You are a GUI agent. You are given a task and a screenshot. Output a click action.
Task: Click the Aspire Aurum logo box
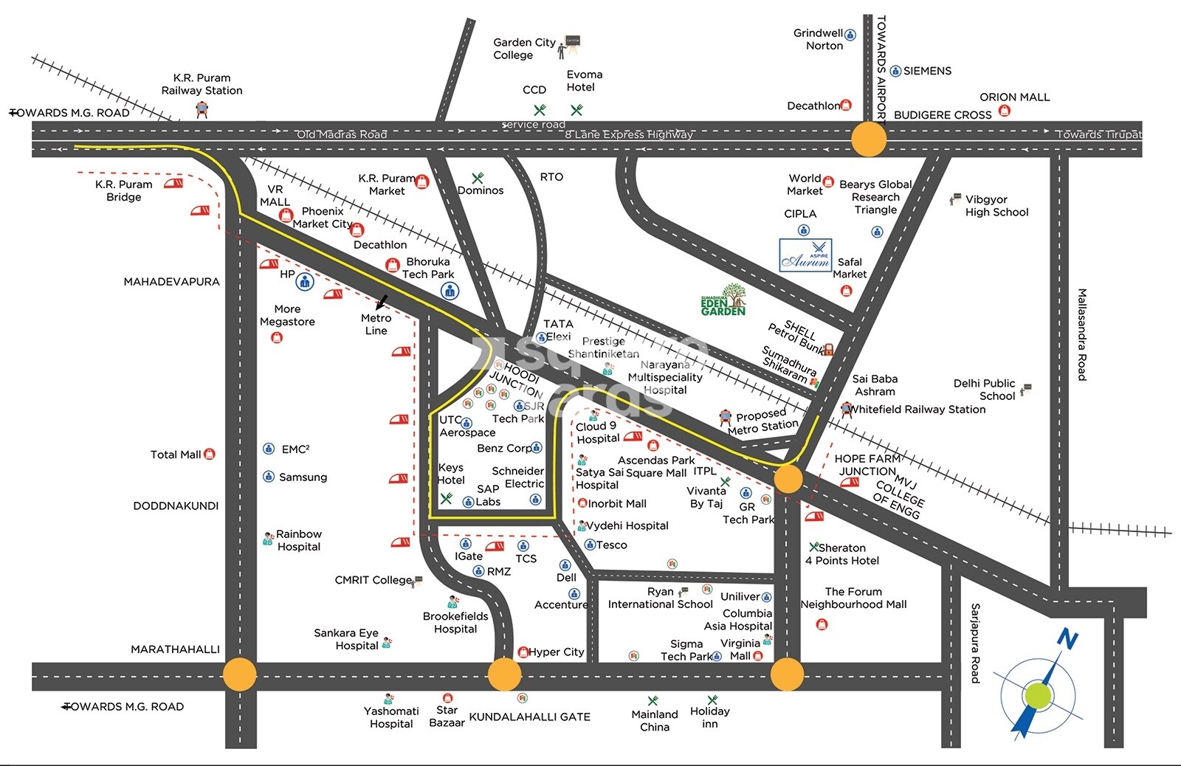click(805, 255)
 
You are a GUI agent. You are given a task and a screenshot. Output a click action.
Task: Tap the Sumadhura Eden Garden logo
click(723, 300)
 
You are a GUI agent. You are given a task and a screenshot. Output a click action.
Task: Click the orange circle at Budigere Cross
click(869, 139)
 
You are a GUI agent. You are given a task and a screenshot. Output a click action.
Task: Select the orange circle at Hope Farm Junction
click(788, 479)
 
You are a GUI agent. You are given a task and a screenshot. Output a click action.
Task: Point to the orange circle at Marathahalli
click(239, 674)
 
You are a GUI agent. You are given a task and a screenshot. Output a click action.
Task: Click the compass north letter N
click(1067, 639)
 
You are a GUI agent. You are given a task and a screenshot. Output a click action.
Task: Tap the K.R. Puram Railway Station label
click(202, 84)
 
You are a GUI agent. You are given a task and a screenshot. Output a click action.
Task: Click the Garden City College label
click(523, 49)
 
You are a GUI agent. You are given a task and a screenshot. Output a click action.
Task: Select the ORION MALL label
click(1014, 97)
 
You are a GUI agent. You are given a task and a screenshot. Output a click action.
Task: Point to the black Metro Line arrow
click(382, 302)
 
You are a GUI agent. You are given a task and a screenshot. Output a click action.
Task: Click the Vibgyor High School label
click(996, 206)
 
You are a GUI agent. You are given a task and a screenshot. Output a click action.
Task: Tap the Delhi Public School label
click(985, 390)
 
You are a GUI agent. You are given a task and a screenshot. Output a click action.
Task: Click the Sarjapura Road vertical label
click(975, 643)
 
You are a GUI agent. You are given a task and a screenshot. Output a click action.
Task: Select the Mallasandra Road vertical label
click(1082, 334)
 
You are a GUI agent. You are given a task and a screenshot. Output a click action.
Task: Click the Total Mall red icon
click(210, 454)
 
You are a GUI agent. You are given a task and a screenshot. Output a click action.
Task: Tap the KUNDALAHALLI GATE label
click(529, 717)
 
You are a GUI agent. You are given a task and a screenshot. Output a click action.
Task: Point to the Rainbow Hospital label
click(298, 540)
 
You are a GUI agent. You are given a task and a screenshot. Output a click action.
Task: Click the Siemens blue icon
click(895, 71)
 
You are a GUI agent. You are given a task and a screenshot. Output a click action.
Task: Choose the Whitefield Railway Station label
click(917, 410)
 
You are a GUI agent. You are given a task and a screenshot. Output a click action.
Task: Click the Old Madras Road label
click(341, 134)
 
